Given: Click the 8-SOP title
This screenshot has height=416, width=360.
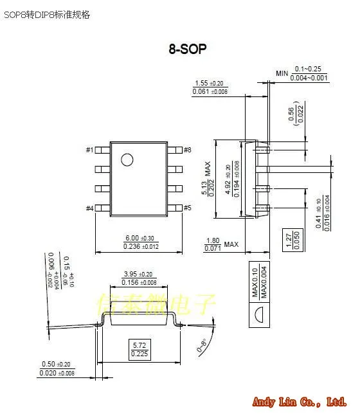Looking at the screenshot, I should click(x=187, y=49).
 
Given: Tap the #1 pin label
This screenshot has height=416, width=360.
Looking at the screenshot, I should click(x=89, y=150).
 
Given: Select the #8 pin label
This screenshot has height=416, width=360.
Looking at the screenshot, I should click(x=188, y=150).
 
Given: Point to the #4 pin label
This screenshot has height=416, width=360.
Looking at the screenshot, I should click(x=89, y=208).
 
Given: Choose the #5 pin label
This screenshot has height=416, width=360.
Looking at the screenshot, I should click(x=188, y=208).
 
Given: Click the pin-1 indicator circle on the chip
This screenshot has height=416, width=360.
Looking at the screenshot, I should click(x=127, y=159).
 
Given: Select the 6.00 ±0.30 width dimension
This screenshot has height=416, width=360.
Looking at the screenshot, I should click(x=141, y=241).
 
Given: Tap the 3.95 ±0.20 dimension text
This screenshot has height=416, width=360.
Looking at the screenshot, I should click(x=139, y=278).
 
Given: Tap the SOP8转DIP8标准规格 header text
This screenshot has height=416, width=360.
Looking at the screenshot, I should click(x=48, y=14).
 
